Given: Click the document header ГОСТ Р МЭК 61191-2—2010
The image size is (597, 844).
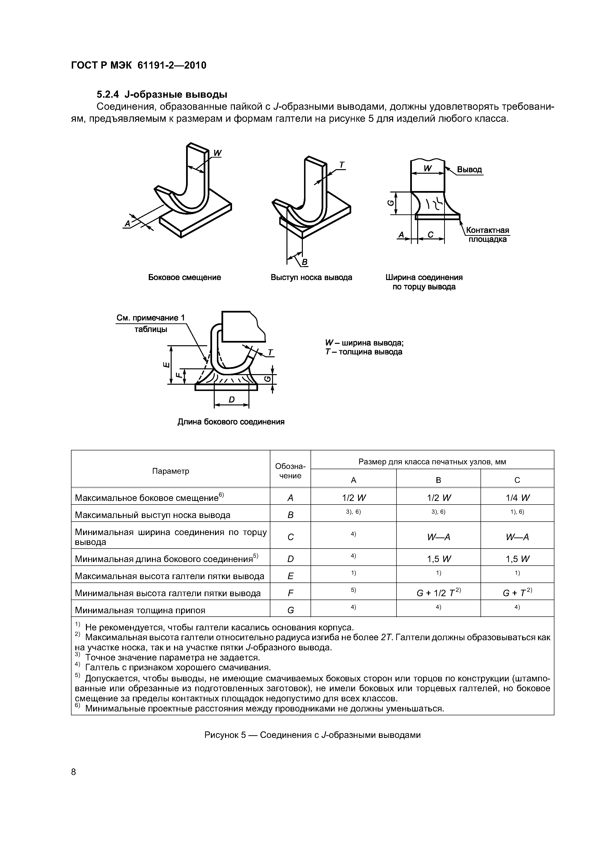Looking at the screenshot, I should point(138,65).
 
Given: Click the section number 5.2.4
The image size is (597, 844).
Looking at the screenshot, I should point(108,95).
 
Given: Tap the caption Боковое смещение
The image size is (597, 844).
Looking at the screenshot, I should point(184,278).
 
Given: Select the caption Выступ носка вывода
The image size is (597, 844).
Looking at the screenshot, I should point(311,278).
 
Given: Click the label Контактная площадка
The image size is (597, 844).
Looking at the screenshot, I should point(487,235).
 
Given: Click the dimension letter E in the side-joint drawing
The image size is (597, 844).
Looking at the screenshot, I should point(166,365).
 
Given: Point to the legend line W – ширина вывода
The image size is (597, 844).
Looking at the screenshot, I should point(364,343).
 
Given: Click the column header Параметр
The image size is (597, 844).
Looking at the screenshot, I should point(170,471).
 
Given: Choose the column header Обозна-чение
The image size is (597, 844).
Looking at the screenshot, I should point(290,471).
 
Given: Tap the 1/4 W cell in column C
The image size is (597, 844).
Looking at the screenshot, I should point(517,498).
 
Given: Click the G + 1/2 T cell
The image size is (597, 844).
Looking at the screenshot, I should point(438,593).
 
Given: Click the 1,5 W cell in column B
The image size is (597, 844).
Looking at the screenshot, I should point(438,559).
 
